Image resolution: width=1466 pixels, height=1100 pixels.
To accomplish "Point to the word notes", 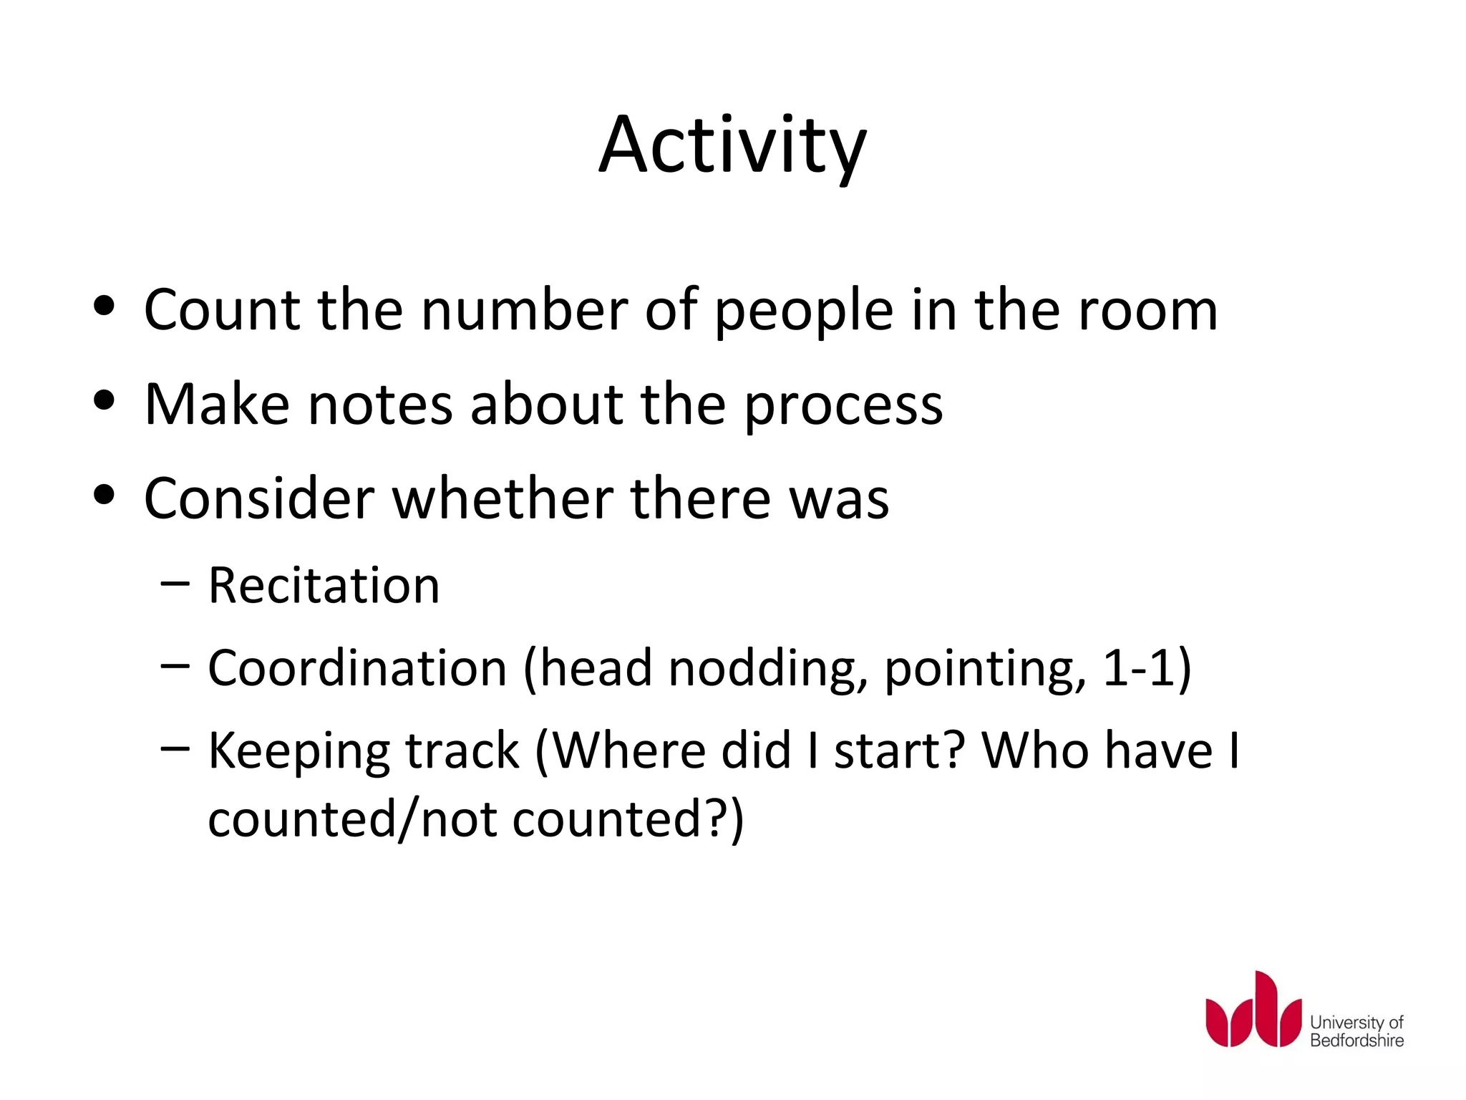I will tap(380, 405).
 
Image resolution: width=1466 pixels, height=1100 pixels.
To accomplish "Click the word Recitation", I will tap(324, 586).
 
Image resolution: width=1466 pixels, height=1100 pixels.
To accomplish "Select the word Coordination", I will tap(357, 668).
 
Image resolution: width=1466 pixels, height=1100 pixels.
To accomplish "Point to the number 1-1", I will tap(1138, 668).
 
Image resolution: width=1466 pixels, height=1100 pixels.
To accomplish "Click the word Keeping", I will tap(298, 753).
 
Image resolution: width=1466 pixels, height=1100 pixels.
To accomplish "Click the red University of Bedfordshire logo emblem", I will tap(1253, 1010).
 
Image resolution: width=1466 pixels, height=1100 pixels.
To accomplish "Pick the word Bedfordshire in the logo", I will tap(1356, 1041).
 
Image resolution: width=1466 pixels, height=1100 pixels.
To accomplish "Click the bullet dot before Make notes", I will tap(105, 401).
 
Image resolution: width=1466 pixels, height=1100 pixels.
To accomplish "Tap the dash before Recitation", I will tap(175, 584).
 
